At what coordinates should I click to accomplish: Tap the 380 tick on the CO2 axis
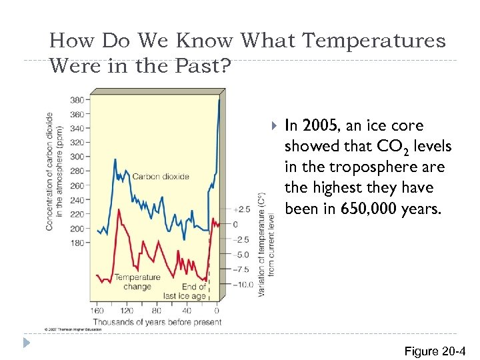click(x=78, y=100)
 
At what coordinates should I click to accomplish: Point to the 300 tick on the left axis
click(x=78, y=157)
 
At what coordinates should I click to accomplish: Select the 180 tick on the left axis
click(x=78, y=243)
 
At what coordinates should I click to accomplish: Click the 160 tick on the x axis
click(x=98, y=311)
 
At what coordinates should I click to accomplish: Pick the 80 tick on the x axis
click(x=157, y=311)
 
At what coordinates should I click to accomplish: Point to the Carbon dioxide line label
click(x=161, y=177)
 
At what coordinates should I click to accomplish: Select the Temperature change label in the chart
click(x=137, y=282)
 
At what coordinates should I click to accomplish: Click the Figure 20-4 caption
click(x=431, y=351)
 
